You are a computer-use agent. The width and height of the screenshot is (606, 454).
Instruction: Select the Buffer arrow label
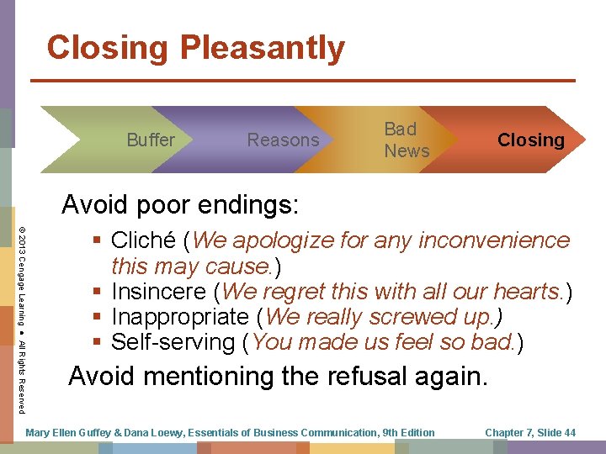click(x=151, y=140)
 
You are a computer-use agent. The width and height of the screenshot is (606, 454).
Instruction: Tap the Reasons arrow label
click(x=283, y=140)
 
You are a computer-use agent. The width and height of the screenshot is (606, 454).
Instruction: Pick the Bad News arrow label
click(x=407, y=140)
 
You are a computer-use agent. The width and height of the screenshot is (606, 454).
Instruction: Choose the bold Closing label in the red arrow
click(x=530, y=140)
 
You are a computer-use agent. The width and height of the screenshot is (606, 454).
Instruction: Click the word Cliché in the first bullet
click(x=148, y=240)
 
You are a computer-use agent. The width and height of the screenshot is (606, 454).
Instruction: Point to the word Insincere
click(x=160, y=292)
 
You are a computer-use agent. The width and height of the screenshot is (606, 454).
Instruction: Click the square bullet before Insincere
click(x=99, y=293)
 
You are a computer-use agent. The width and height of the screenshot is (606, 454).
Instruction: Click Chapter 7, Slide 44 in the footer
click(x=530, y=432)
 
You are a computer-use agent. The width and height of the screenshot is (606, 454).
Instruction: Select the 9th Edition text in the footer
click(x=407, y=432)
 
